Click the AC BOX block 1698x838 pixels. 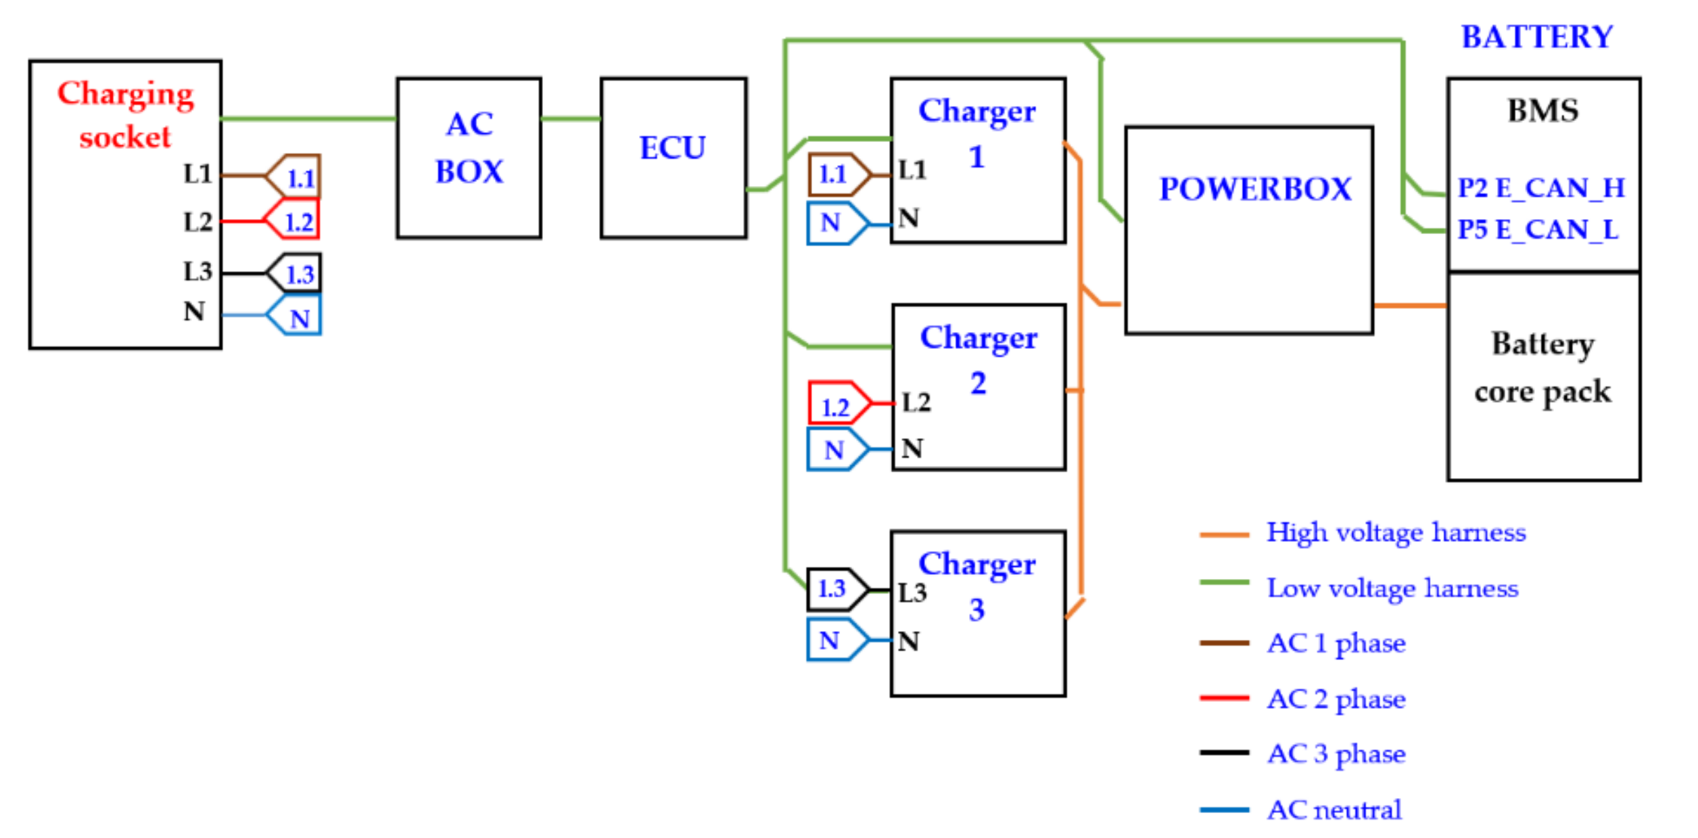(469, 157)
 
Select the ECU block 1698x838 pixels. (673, 157)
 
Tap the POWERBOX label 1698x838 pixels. (1254, 189)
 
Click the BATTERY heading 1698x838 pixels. (1536, 37)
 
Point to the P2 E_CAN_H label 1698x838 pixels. (1540, 187)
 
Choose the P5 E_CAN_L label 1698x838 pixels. (1537, 229)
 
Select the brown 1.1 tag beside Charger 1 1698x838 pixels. (837, 174)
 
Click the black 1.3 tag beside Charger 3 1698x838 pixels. (836, 588)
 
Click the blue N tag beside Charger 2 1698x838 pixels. (836, 449)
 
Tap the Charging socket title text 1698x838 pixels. (125, 114)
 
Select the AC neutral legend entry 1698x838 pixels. (1334, 810)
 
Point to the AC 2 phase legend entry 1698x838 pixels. (1336, 699)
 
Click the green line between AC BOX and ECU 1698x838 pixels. (570, 119)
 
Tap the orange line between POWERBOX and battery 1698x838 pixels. (1409, 306)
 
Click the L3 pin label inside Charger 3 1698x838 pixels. (912, 592)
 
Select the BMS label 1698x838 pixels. (1542, 110)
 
